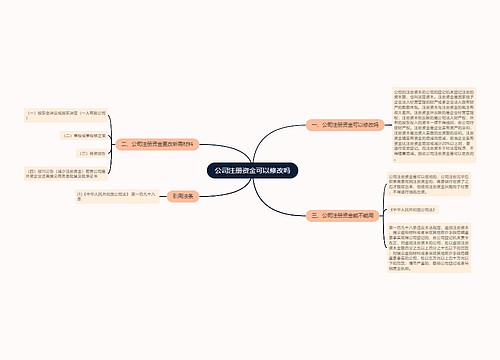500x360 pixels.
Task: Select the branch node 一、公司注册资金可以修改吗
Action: (x=341, y=126)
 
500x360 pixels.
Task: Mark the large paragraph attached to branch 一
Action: (x=428, y=126)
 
